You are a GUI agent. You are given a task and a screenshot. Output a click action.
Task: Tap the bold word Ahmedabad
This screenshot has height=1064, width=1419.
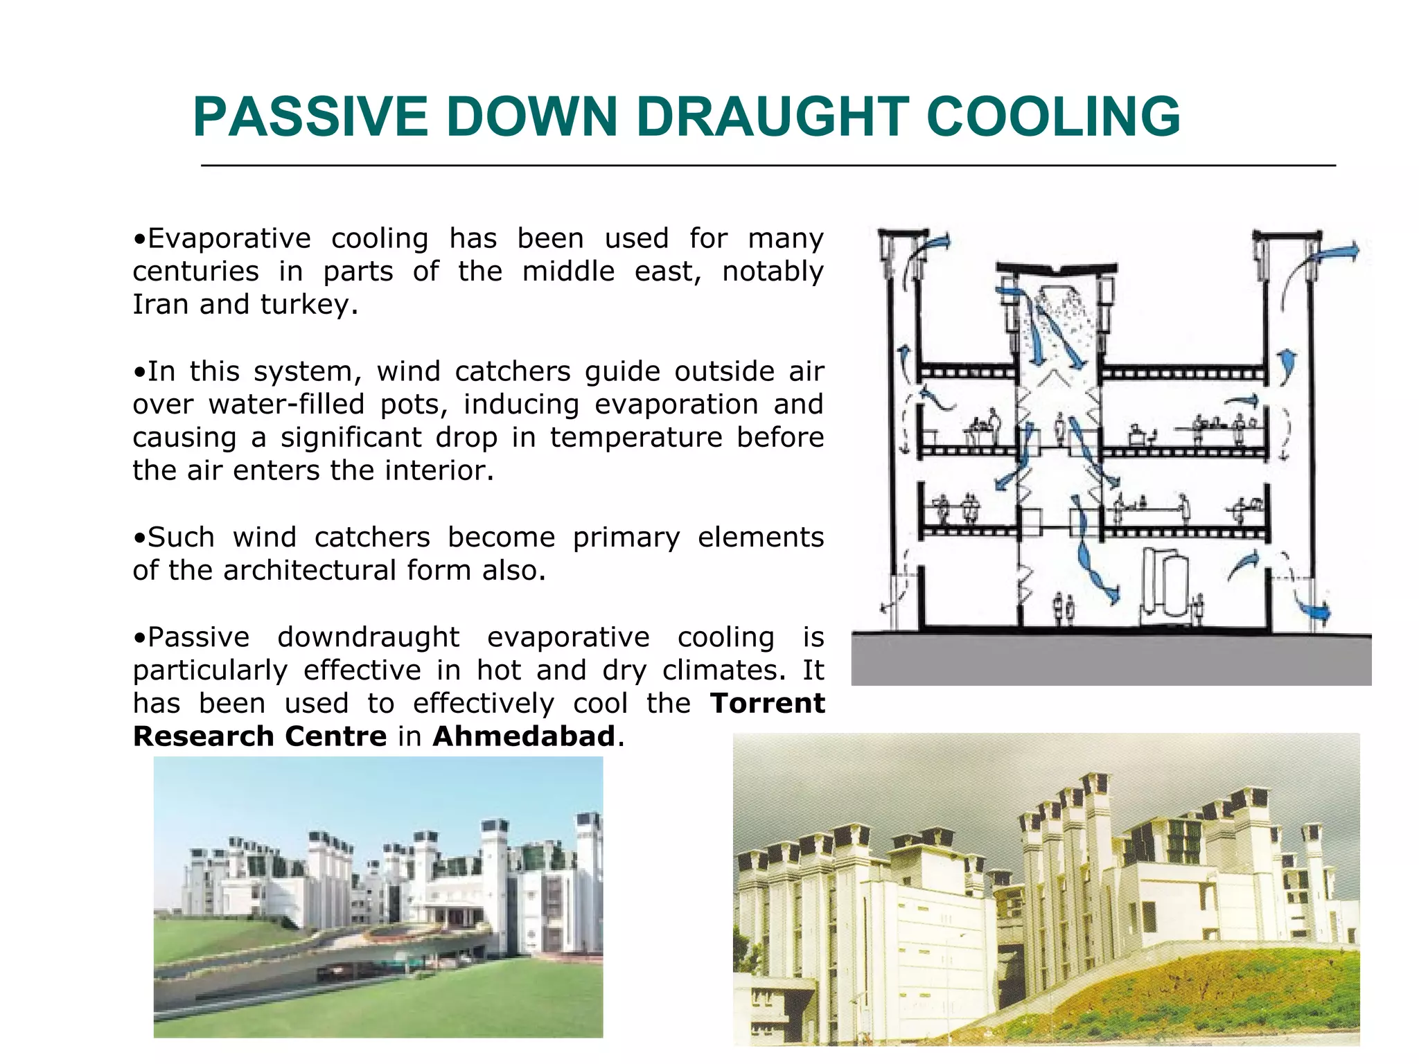pyautogui.click(x=524, y=736)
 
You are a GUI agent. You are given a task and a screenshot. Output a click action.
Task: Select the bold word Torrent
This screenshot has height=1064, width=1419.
pyautogui.click(x=767, y=703)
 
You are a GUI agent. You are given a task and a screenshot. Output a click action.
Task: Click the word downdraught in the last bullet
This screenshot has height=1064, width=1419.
pyautogui.click(x=368, y=637)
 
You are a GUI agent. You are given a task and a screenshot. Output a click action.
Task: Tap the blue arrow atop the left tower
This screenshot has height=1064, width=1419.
pyautogui.click(x=937, y=243)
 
